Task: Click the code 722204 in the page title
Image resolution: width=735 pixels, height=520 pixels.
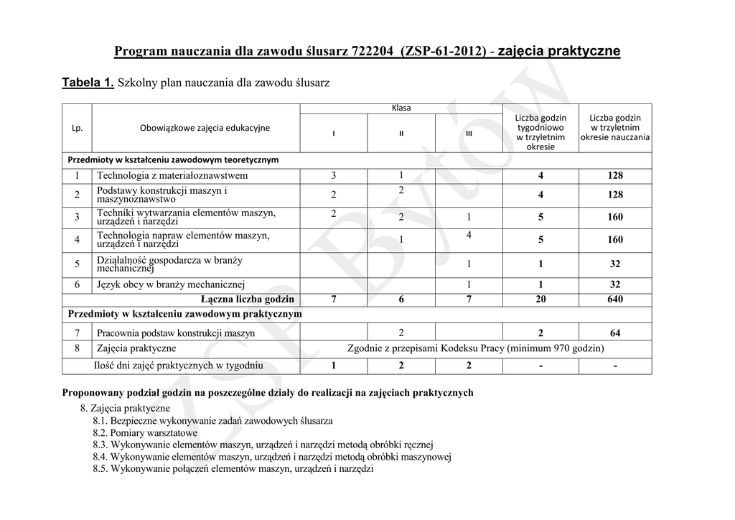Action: (372, 52)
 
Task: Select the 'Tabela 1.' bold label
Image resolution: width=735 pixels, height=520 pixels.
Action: (88, 83)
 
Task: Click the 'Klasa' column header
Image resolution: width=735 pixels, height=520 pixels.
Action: (401, 108)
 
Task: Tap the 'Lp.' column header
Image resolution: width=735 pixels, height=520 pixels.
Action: (78, 128)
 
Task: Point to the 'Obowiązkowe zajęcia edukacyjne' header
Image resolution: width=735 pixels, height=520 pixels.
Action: (205, 128)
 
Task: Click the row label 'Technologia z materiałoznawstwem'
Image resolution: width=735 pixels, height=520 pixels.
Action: (172, 175)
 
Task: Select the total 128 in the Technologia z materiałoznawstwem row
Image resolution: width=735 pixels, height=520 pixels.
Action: (614, 175)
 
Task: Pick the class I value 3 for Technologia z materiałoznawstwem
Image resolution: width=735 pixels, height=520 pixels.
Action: (333, 175)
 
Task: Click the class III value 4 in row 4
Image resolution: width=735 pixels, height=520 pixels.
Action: (468, 235)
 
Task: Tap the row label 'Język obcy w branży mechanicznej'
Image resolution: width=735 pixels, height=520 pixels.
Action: (171, 284)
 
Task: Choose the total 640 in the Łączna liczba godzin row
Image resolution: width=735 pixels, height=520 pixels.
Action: (614, 299)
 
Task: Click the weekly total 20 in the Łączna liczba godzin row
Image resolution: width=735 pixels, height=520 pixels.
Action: (540, 299)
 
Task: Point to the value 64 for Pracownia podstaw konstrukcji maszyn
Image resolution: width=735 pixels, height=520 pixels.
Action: (614, 333)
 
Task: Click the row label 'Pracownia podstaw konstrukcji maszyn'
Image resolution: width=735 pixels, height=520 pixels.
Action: (176, 333)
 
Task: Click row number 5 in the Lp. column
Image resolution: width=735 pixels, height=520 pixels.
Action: (77, 264)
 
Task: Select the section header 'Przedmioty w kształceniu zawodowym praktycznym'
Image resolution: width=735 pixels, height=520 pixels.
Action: (184, 314)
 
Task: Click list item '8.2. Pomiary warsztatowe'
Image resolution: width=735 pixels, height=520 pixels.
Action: (145, 433)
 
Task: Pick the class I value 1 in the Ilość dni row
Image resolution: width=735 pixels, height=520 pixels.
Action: (333, 366)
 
